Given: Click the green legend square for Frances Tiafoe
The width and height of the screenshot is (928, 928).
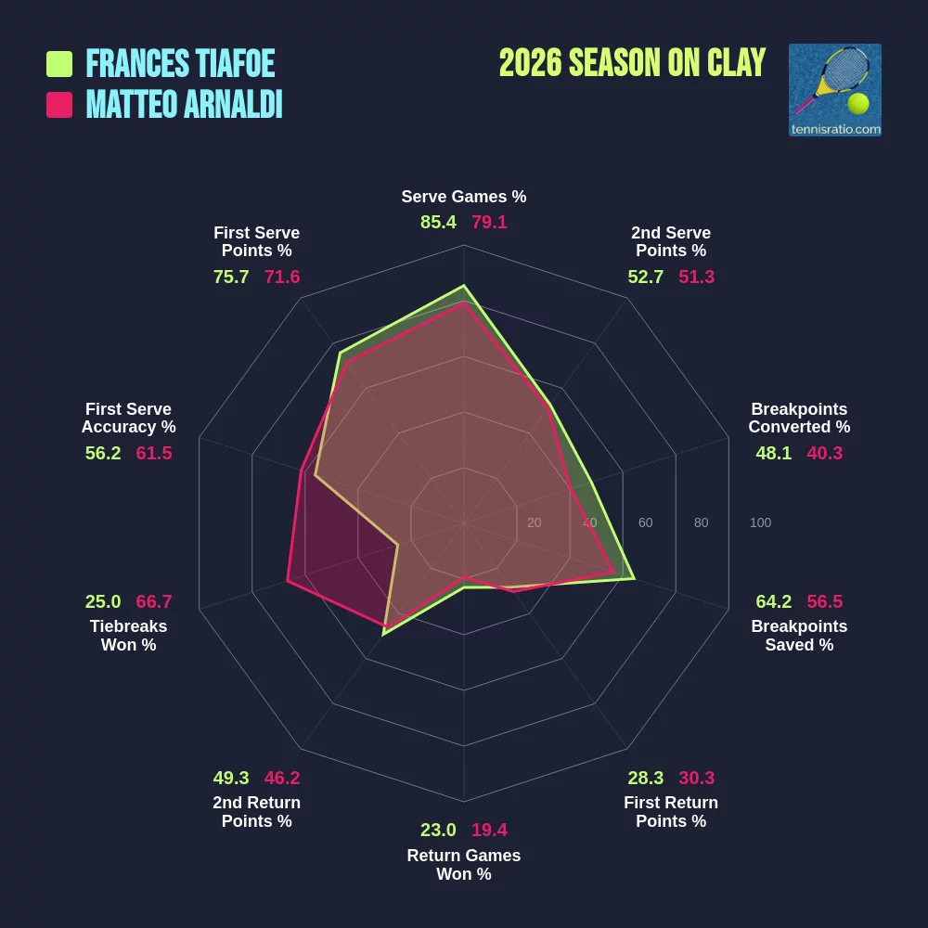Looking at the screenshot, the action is coord(59,64).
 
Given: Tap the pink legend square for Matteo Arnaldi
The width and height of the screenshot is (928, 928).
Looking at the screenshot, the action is coord(59,105).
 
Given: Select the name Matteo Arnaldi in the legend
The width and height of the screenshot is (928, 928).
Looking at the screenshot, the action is coord(184,104).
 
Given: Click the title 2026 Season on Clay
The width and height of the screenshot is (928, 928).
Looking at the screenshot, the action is coord(632,63).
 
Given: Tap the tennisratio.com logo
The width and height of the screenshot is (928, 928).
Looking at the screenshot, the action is coord(834,90).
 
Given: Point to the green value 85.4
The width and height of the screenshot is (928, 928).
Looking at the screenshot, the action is coord(438,222).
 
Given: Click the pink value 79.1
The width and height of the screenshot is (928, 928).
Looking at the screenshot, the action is coord(489,222).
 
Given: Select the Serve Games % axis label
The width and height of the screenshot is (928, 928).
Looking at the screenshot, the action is coord(464,197).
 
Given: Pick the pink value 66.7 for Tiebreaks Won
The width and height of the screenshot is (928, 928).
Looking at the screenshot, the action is coord(154,601).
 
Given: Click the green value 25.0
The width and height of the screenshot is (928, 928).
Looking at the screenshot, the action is coord(103,601).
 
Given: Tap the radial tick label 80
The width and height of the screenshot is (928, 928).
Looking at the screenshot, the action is coord(701,522).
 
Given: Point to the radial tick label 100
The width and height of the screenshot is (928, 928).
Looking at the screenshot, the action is coord(761,522).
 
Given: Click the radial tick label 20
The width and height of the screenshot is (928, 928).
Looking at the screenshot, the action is coord(534,522).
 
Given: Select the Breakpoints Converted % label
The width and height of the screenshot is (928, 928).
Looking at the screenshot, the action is coord(799,418).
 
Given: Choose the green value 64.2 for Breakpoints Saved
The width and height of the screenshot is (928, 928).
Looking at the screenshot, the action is coord(774,601).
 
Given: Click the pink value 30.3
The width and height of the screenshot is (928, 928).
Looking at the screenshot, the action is coord(697,778).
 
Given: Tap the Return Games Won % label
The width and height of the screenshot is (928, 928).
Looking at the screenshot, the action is coord(464,865).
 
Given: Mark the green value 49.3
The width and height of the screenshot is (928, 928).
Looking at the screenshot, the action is coord(231,778).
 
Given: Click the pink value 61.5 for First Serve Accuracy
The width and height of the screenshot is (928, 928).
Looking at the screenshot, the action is coord(154,453).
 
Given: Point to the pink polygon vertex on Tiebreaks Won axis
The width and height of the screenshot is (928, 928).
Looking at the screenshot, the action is coord(288,581).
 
